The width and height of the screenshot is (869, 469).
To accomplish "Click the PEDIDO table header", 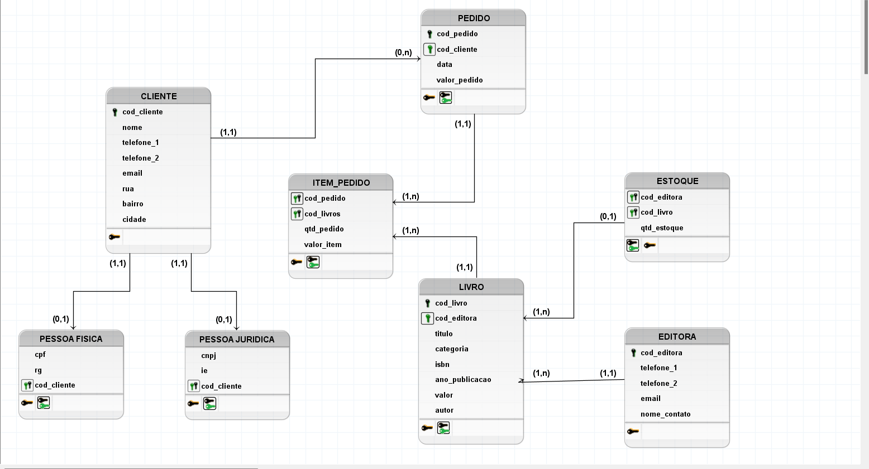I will pos(474,18).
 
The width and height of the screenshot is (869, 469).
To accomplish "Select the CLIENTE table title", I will pos(159,96).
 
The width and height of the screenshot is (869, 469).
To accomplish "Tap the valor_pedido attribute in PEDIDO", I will pos(459,80).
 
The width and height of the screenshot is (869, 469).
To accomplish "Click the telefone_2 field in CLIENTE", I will pos(140,158).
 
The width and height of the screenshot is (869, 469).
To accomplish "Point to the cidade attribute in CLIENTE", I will pos(134,219).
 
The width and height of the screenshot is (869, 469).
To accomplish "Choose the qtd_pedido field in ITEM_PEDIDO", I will pos(324,229).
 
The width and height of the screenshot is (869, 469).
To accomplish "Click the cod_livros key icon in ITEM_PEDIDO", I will pos(297,214).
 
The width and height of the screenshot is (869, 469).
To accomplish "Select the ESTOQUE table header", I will pos(677,181).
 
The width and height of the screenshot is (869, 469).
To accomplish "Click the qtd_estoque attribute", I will pos(662,228).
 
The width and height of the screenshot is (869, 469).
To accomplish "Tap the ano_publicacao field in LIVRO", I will pos(463,379).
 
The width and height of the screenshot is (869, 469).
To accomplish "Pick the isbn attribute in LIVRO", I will pos(442,364).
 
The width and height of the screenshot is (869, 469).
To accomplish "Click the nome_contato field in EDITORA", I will pos(665,414).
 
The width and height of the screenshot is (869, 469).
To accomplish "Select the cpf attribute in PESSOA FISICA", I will pos(40,354).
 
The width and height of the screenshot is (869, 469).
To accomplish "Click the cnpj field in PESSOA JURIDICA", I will pos(208,355).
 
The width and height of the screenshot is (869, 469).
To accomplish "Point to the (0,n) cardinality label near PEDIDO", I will pos(403,52).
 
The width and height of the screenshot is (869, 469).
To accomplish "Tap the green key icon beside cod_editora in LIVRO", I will pos(427,318).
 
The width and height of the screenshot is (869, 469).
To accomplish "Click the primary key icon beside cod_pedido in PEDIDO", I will pos(429,34).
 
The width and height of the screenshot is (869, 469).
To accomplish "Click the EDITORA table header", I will pos(677,336).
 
